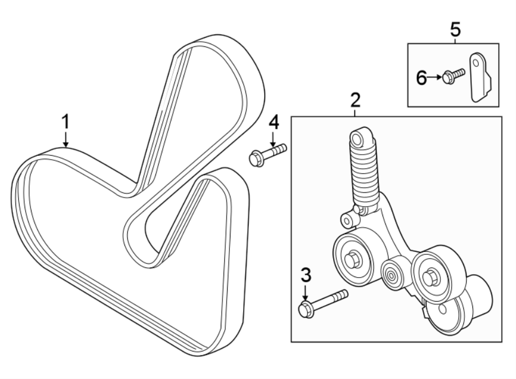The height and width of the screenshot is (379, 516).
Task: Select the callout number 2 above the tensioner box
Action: (355, 101)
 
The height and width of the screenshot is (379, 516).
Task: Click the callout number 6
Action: (421, 78)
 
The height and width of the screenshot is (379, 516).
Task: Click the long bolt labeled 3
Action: (323, 303)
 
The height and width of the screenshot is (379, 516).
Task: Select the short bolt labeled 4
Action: (267, 155)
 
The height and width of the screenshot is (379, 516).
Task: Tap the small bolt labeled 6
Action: (454, 76)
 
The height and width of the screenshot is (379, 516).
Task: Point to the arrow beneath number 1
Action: (66, 140)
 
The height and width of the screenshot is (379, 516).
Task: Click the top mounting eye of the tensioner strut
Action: (358, 139)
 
